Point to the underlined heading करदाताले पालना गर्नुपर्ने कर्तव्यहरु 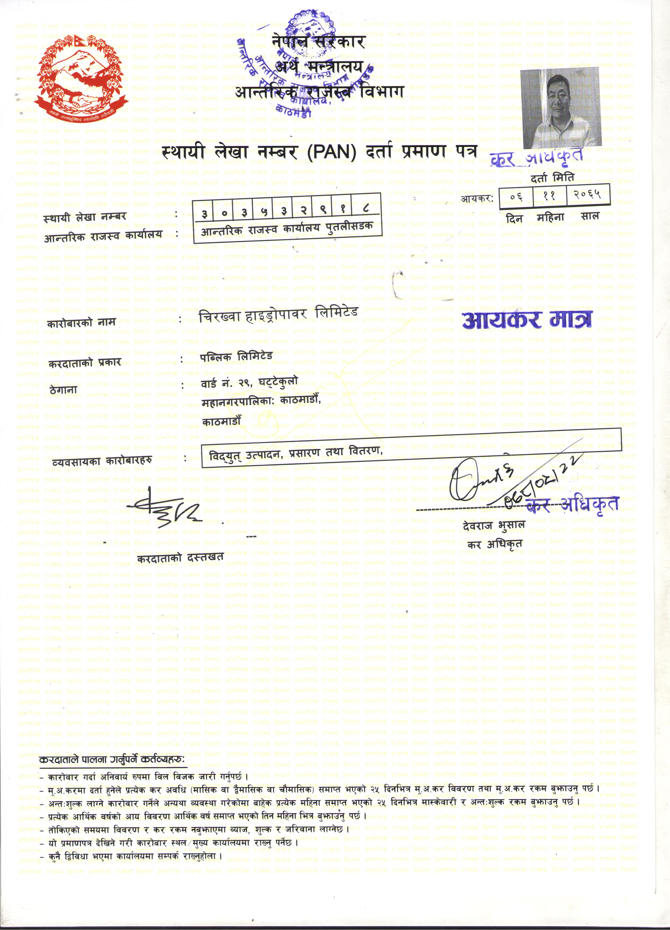coord(112,759)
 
